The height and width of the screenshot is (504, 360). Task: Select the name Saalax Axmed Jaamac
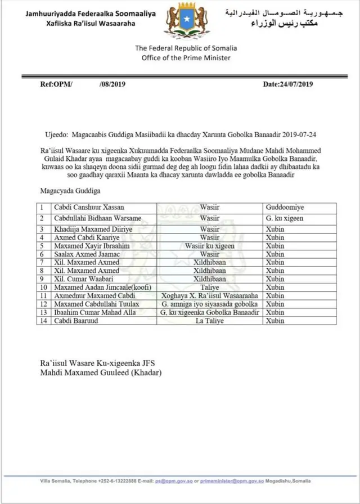[85, 254]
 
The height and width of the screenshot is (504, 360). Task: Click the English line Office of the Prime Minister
[182, 58]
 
